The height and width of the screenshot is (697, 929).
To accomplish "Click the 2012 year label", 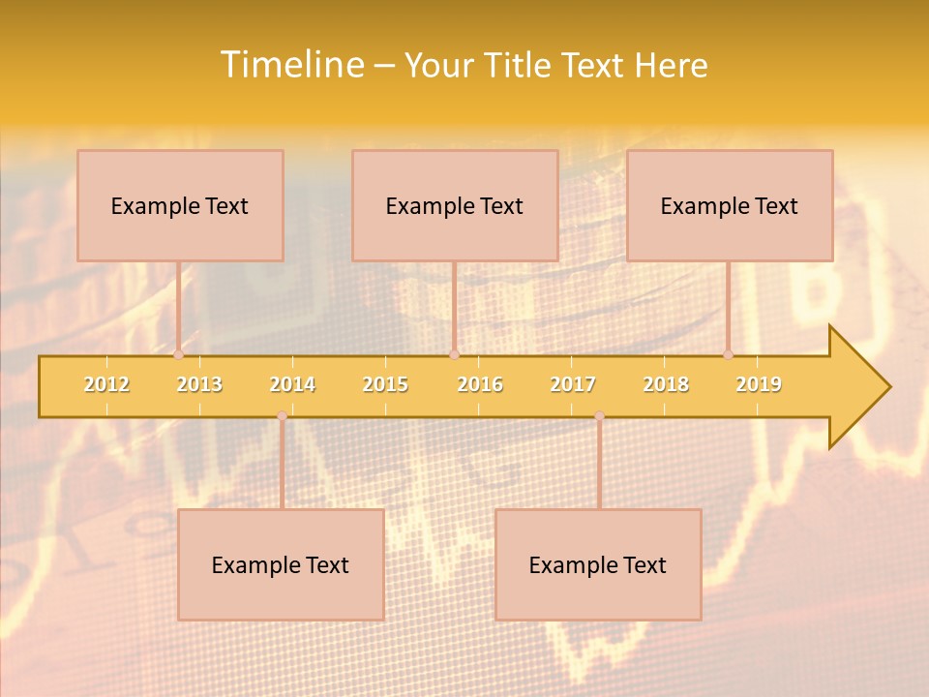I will (x=106, y=384).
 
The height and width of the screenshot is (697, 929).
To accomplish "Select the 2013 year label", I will (x=199, y=384).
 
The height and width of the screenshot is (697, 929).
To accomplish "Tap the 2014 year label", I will (x=292, y=384).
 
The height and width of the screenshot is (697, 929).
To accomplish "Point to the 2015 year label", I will (x=385, y=384).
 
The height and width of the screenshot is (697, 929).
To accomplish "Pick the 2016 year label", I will (x=480, y=384).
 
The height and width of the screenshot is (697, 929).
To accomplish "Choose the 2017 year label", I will (x=573, y=384).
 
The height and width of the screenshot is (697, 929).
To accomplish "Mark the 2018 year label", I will (x=666, y=384).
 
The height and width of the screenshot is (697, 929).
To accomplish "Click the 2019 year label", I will (x=759, y=384).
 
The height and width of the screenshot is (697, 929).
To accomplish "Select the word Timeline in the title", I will (x=291, y=65).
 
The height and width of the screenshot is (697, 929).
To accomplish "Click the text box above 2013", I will (x=180, y=205).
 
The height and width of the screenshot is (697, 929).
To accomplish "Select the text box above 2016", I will (x=455, y=205).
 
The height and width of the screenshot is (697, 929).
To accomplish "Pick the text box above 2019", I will (x=730, y=205).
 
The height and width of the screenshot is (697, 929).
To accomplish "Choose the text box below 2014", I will (x=281, y=564).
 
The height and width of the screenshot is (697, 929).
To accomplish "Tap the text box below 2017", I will (x=598, y=564).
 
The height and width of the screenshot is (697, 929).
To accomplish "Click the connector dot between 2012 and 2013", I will (x=178, y=355).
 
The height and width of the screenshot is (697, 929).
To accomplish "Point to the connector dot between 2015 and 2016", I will (x=454, y=355).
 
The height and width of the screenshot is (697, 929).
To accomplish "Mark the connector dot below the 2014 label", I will (x=282, y=416).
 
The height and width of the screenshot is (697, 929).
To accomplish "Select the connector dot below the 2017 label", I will (x=599, y=416).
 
